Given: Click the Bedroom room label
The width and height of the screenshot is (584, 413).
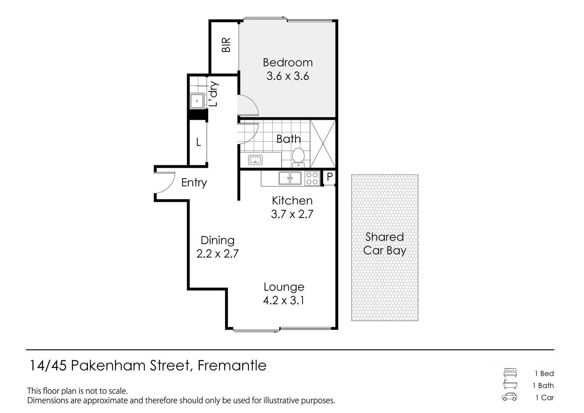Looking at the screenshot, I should pyautogui.click(x=287, y=62).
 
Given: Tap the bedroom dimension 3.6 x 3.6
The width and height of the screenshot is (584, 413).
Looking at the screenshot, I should pyautogui.click(x=287, y=76).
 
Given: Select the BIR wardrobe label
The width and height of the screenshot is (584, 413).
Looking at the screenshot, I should pyautogui.click(x=226, y=45).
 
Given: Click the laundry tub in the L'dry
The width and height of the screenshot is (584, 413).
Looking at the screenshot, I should pyautogui.click(x=197, y=101).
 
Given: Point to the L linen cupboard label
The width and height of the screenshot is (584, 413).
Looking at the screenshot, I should pyautogui.click(x=198, y=143).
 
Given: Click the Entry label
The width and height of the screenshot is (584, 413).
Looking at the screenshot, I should pyautogui.click(x=194, y=183).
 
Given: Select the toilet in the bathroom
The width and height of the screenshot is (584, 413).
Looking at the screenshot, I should pyautogui.click(x=298, y=157).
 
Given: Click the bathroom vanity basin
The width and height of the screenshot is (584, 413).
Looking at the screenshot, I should pyautogui.click(x=255, y=160).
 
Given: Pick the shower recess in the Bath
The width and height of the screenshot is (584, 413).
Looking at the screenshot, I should pyautogui.click(x=323, y=144).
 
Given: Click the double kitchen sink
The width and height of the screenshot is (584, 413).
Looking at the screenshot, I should pyautogui.click(x=290, y=178).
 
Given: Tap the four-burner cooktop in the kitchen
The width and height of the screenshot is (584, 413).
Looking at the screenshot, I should pyautogui.click(x=312, y=178).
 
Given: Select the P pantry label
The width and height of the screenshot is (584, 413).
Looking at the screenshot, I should pyautogui.click(x=329, y=177).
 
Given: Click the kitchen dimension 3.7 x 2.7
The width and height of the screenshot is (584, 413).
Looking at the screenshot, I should pyautogui.click(x=292, y=214).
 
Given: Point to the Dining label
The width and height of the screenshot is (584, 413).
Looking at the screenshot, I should pyautogui.click(x=217, y=241).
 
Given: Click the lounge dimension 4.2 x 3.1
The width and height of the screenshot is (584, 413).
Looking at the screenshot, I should pyautogui.click(x=284, y=301).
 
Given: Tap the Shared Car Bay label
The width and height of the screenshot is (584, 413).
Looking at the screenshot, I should pyautogui.click(x=384, y=244).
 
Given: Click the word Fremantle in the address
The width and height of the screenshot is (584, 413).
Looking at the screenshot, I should pyautogui.click(x=232, y=366).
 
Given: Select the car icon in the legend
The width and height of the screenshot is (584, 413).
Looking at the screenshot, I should pyautogui.click(x=509, y=397).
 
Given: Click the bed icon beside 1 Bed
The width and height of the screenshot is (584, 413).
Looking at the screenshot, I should pyautogui.click(x=510, y=373).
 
